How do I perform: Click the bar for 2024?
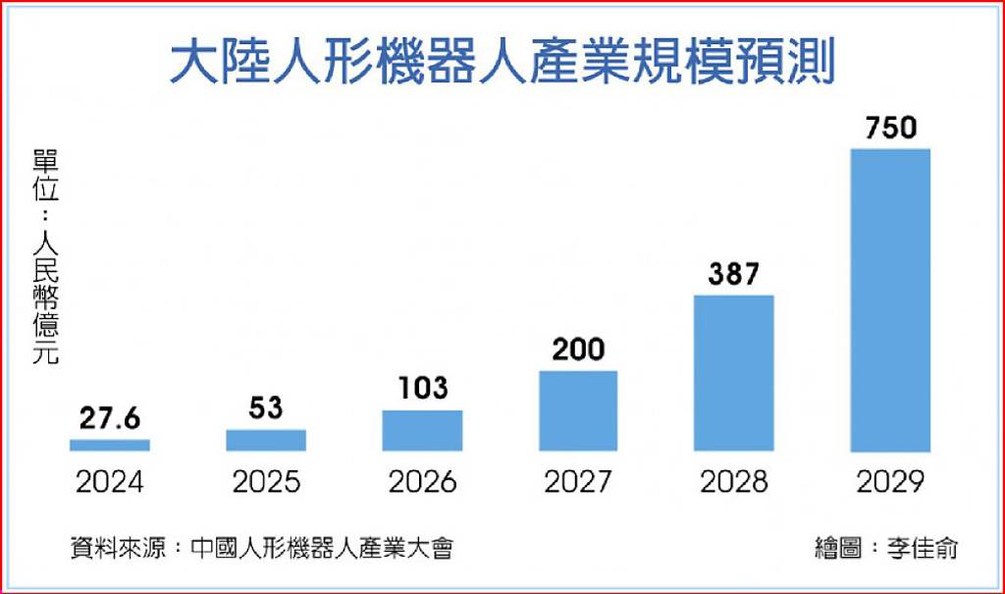coord(110,445)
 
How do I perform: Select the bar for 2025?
coord(266,440)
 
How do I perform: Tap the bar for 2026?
coord(422,430)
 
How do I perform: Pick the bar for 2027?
coord(578,410)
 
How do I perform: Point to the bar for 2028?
coord(734,373)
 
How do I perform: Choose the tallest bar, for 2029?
coord(890,300)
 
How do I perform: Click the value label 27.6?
coord(110,419)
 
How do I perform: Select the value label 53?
coord(266,408)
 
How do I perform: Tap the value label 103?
coord(423,388)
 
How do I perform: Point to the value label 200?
coord(578,350)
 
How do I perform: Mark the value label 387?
coord(734,274)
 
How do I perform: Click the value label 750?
coord(891,128)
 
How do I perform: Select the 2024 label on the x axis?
coord(110,482)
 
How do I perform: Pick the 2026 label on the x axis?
coord(422,482)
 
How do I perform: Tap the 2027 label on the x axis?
coord(578,482)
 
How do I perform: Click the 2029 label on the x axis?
coord(890,482)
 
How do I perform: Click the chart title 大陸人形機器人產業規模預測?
coord(502,61)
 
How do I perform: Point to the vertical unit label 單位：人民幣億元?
coord(45,257)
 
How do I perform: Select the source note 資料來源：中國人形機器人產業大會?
coord(261,548)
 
